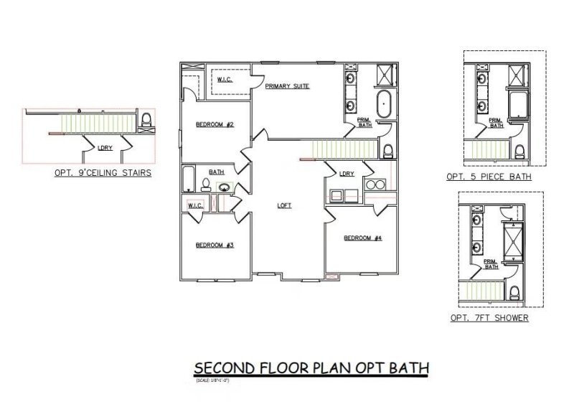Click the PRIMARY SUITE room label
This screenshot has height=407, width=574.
pyautogui.click(x=287, y=86)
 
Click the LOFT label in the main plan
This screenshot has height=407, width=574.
pyautogui.click(x=285, y=205)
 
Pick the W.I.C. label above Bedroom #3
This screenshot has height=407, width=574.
pyautogui.click(x=196, y=205)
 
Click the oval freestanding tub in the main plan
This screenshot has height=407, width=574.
pyautogui.click(x=385, y=105)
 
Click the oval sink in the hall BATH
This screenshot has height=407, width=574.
pyautogui.click(x=225, y=189)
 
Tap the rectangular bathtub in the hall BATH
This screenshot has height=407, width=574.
pyautogui.click(x=189, y=179)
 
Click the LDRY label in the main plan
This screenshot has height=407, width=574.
pyautogui.click(x=347, y=174)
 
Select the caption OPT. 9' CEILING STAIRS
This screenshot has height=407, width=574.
pyautogui.click(x=102, y=173)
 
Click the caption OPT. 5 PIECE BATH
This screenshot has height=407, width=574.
pyautogui.click(x=488, y=177)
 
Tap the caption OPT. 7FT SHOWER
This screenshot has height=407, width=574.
pyautogui.click(x=489, y=317)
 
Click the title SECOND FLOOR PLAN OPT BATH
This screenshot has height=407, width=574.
pyautogui.click(x=311, y=368)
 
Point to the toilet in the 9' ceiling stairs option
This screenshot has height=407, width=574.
pyautogui.click(x=146, y=120)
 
